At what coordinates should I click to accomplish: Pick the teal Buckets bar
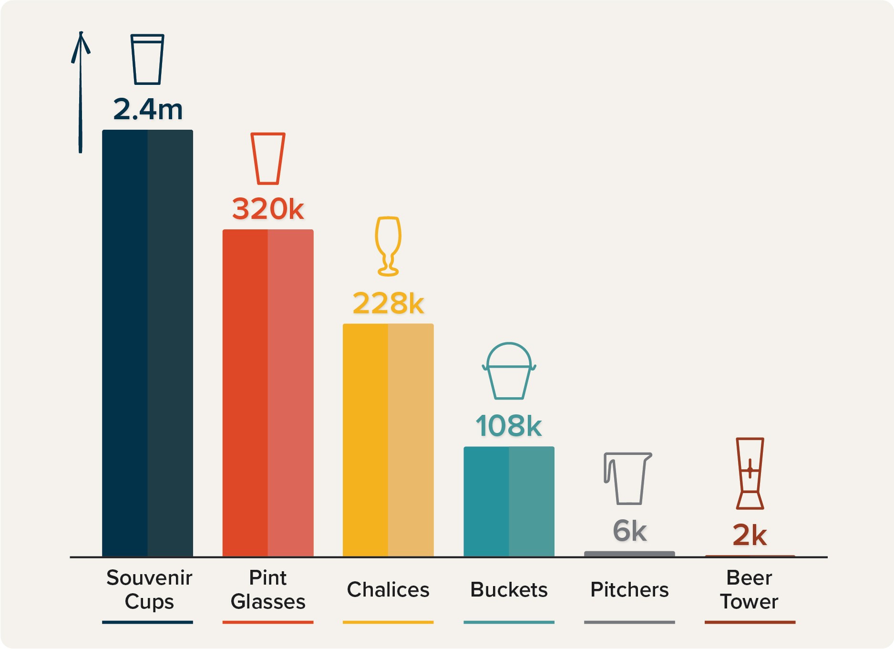(509, 501)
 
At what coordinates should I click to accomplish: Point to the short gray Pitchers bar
(629, 554)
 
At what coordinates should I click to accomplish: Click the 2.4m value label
(148, 109)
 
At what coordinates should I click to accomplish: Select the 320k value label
(268, 209)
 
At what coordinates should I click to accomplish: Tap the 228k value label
(388, 303)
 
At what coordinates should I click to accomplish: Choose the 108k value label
(509, 426)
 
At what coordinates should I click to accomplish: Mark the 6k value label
(629, 531)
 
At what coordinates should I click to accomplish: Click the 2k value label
(750, 535)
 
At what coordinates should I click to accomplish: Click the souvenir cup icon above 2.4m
(147, 59)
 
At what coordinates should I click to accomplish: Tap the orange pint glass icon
(268, 158)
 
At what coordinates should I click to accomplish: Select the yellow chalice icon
(388, 246)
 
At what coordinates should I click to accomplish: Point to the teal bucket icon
(509, 371)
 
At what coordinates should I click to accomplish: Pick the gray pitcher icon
(627, 478)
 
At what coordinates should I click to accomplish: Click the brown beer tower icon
(750, 473)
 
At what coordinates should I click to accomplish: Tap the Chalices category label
(388, 590)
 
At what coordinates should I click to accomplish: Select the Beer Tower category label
(749, 590)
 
